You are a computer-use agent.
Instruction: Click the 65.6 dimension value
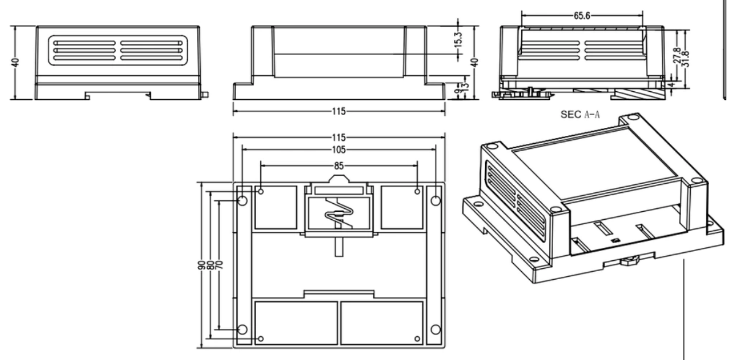(582, 16)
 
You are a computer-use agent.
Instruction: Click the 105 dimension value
(339, 149)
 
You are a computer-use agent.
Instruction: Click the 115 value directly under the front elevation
(339, 111)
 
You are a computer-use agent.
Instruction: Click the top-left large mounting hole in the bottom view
(242, 201)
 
